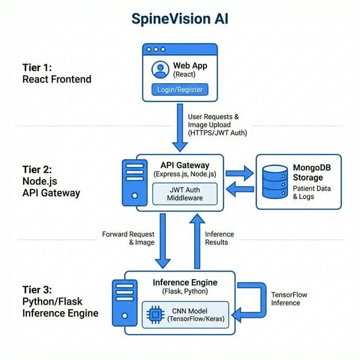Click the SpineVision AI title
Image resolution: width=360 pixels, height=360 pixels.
[x=180, y=19]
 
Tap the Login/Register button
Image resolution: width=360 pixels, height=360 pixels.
[x=180, y=89]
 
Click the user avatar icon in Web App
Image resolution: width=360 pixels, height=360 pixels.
[x=160, y=69]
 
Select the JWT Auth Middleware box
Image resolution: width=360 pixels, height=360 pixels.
[x=185, y=194]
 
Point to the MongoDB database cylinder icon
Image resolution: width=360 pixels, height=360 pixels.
[x=276, y=181]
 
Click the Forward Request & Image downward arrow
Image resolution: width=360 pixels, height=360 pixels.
[x=163, y=240]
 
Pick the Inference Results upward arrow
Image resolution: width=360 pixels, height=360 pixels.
[x=197, y=240]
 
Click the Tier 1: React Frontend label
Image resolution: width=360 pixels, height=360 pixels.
[x=56, y=73]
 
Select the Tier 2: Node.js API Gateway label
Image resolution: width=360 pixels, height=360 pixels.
[x=51, y=181]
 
